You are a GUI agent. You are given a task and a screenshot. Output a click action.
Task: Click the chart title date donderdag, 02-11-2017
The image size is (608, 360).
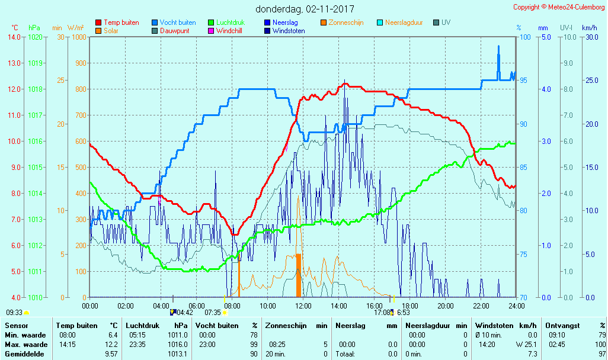click(x=305, y=9)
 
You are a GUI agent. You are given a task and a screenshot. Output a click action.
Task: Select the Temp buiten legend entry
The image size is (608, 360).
click(x=121, y=22)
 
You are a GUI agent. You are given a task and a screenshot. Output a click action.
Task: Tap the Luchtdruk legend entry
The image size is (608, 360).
click(x=231, y=22)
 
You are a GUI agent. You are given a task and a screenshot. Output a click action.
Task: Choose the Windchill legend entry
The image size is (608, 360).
click(x=229, y=31)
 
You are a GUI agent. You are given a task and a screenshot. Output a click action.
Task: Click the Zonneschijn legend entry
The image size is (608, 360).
click(x=345, y=22)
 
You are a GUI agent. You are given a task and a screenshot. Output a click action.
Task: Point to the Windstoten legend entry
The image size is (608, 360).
click(x=289, y=31)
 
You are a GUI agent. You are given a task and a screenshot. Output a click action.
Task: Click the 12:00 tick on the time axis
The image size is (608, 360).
click(x=303, y=306)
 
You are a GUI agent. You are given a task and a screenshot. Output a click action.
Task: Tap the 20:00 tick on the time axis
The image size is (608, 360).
click(x=446, y=306)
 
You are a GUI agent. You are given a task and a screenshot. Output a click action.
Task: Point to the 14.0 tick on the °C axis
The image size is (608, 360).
click(x=14, y=37)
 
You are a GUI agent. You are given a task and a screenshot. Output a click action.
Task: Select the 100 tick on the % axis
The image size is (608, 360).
click(x=524, y=37)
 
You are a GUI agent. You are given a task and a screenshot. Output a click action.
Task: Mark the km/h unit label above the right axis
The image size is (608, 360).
click(x=589, y=28)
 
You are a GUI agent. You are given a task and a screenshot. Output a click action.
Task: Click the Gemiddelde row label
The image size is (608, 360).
click(x=24, y=354)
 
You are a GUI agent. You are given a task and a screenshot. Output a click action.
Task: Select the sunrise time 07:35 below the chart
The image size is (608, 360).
click(x=212, y=312)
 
